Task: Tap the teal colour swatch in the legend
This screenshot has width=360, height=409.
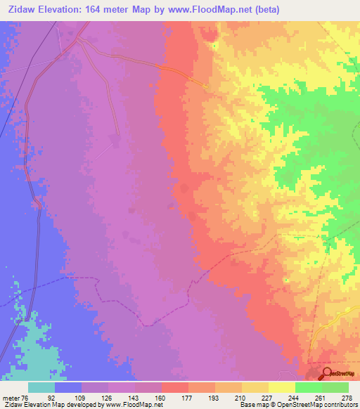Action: (41, 387)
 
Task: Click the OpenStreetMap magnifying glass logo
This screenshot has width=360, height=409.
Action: (327, 375)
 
